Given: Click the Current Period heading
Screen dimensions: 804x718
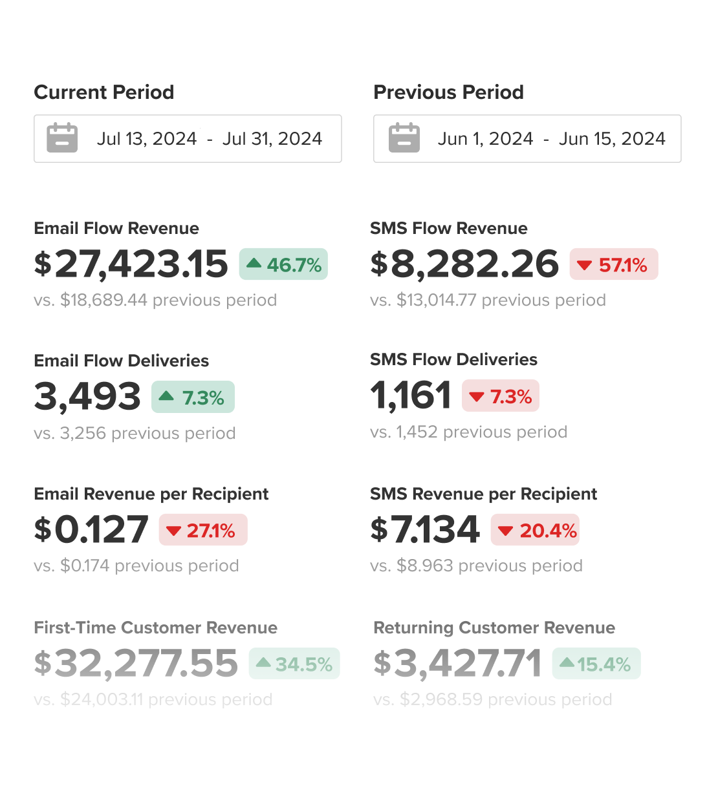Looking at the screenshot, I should tap(103, 92).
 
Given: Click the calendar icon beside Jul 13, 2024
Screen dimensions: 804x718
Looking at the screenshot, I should tap(62, 138).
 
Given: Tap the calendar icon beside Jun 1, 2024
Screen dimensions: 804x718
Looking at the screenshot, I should tap(404, 138).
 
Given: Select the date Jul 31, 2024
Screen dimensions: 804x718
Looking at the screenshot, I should tap(272, 139).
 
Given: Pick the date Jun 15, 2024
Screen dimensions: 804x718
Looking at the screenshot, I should tap(612, 139).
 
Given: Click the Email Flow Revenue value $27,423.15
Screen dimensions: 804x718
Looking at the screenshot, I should tap(131, 264).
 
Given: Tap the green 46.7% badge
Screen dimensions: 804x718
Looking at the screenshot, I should tap(283, 264).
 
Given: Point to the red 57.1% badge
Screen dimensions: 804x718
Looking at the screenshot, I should tap(613, 264).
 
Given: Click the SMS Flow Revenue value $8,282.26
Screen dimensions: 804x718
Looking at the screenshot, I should tap(464, 264).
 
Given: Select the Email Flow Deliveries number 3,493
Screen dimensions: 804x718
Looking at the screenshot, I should tap(87, 396).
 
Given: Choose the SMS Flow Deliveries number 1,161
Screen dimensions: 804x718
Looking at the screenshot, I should tap(411, 395).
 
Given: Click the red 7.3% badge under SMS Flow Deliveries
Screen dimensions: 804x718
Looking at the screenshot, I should tap(500, 396).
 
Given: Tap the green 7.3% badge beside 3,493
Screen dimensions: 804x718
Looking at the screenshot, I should tap(193, 397).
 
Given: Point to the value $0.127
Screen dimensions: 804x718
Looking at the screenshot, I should tap(91, 530).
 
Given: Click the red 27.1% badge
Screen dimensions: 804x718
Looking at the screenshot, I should tap(203, 530).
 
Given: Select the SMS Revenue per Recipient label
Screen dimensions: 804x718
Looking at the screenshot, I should tap(483, 494).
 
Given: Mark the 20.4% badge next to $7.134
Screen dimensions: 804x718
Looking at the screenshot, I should tap(535, 530).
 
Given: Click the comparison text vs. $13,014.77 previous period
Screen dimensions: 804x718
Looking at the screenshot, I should tap(488, 301).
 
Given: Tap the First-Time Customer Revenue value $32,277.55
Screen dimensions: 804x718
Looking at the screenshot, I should tap(136, 664).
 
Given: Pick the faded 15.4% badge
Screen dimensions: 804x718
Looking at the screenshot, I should tap(596, 664).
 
